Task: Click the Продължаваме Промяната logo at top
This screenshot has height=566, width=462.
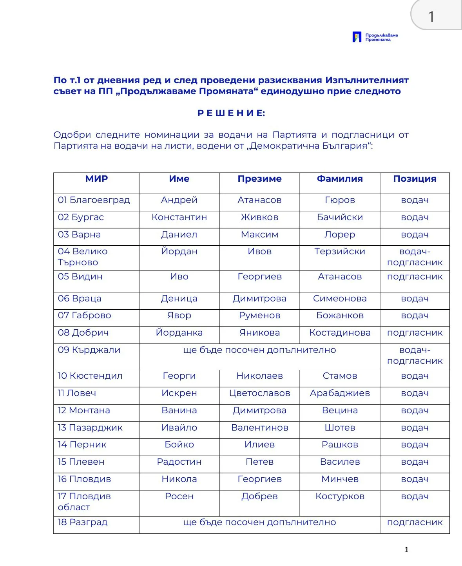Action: [375, 37]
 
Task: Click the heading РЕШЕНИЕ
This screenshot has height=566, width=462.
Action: [231, 113]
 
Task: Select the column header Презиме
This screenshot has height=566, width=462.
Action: [259, 179]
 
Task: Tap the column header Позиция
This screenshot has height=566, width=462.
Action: [415, 179]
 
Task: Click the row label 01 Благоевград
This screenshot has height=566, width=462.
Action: [94, 200]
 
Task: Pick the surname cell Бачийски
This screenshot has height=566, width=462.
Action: [340, 217]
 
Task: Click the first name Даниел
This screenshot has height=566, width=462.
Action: [179, 235]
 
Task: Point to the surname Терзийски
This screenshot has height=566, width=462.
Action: [340, 252]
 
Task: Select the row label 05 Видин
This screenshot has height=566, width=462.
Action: [80, 277]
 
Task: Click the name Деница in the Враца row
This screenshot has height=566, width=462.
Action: [179, 299]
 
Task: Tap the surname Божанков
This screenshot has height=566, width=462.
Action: [340, 316]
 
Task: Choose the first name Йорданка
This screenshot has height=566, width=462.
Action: [179, 333]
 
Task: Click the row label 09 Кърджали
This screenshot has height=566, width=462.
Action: [89, 350]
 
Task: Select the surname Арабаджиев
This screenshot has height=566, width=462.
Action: [340, 393]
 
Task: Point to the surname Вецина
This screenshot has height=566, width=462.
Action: [340, 411]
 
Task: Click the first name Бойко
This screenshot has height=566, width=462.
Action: [179, 445]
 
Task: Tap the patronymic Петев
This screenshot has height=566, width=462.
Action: [259, 462]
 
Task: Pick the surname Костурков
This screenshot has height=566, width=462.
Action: [340, 497]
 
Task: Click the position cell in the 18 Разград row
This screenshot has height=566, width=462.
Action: [415, 522]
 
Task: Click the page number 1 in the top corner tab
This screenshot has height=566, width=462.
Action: [431, 17]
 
